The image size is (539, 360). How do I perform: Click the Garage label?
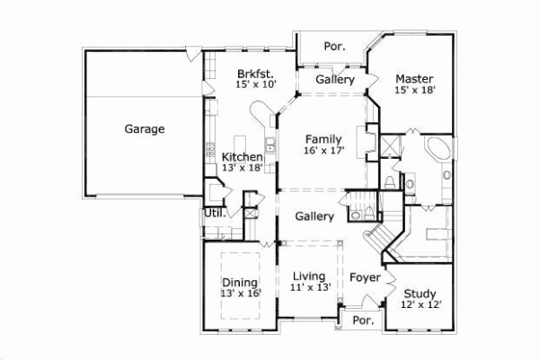click(x=144, y=129)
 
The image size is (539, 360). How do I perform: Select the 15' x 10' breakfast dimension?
click(x=255, y=85)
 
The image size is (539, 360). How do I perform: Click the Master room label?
click(x=414, y=79)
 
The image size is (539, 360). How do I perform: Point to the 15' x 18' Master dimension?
click(x=414, y=91)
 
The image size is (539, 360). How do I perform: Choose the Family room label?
click(x=323, y=139)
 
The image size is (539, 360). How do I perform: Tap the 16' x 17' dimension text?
click(x=323, y=151)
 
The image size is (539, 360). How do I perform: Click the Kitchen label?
click(x=243, y=157)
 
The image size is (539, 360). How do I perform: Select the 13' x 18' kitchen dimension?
click(x=243, y=169)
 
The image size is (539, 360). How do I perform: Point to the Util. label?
click(x=214, y=214)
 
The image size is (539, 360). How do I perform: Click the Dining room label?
click(x=239, y=282)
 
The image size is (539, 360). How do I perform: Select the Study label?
click(x=420, y=294)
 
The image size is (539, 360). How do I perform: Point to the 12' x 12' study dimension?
click(x=420, y=305)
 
